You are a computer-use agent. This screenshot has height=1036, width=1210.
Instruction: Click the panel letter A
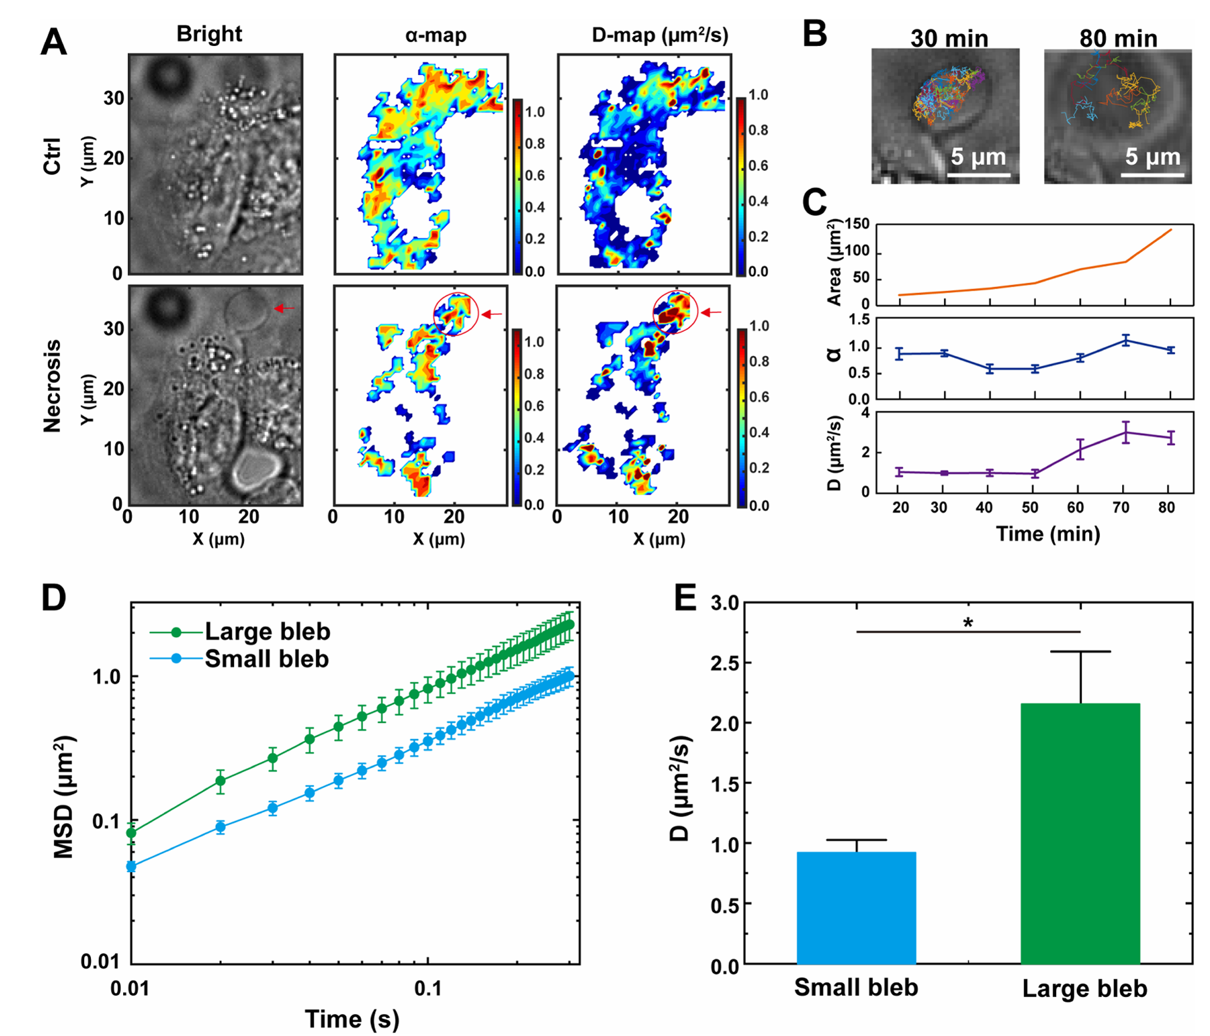click(x=54, y=42)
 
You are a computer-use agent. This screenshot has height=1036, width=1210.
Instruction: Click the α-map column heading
click(x=436, y=35)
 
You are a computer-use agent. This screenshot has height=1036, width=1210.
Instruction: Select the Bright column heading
click(x=209, y=34)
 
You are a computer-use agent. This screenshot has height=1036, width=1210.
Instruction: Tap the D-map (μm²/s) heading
click(x=660, y=35)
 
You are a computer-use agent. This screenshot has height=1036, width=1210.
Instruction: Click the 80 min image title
click(x=1118, y=39)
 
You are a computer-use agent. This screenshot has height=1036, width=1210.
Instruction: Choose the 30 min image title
click(x=949, y=39)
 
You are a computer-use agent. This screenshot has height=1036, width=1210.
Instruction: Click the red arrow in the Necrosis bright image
click(x=285, y=308)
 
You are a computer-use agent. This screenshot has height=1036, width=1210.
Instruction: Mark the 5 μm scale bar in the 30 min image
click(x=978, y=175)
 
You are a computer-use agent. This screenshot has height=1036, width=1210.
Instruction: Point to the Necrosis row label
click(x=52, y=386)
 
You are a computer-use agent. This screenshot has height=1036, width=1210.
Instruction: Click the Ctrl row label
click(x=52, y=157)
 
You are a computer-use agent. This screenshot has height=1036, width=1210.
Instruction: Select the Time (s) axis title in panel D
click(x=352, y=1019)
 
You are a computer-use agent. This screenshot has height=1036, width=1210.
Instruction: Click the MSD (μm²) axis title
click(x=64, y=797)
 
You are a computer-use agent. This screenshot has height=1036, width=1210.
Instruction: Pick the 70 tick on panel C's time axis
click(x=1120, y=508)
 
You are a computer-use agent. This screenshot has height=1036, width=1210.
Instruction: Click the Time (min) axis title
click(x=1048, y=534)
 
